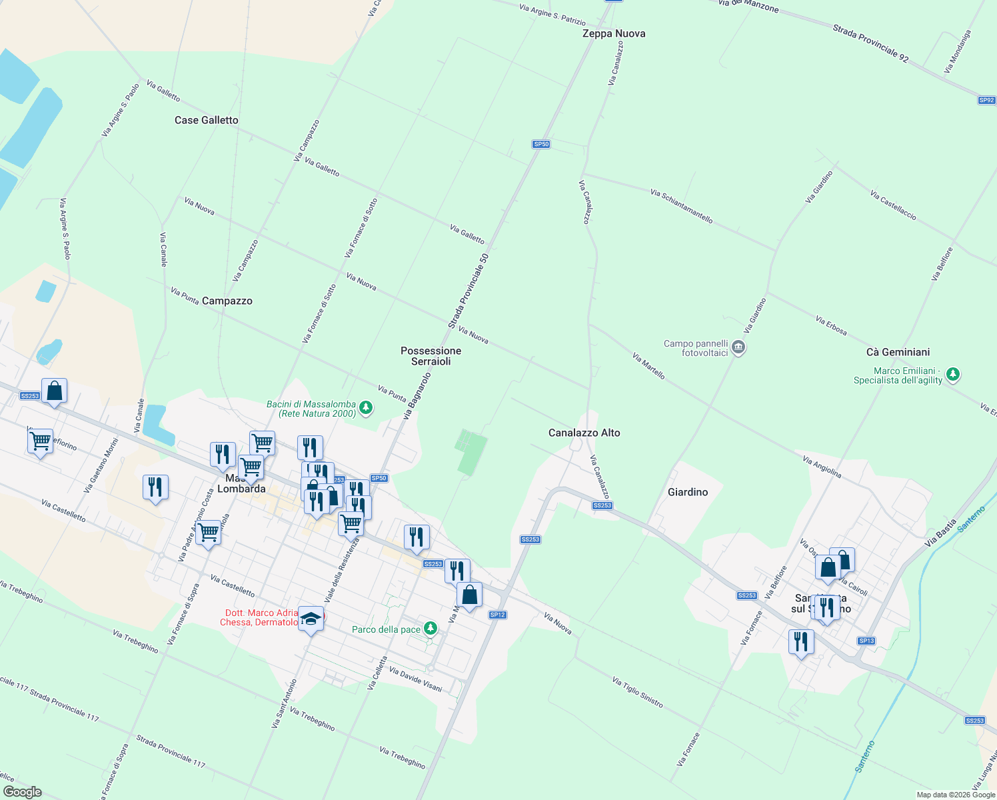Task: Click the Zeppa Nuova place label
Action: [613, 33]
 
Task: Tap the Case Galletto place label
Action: [206, 120]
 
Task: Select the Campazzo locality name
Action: [227, 301]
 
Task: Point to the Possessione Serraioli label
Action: [431, 356]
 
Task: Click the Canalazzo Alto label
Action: [584, 433]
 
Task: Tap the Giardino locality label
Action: [687, 492]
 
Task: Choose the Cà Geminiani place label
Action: [898, 352]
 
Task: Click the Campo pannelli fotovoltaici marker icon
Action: [738, 347]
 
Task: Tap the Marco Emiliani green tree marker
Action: [953, 374]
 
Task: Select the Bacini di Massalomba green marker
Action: [365, 407]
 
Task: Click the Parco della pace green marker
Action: [431, 628]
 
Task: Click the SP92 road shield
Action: [986, 101]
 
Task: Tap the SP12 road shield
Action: [497, 615]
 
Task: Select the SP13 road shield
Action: [866, 641]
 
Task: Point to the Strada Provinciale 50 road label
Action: [469, 291]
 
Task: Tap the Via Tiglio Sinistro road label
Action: [638, 691]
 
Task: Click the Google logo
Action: [23, 792]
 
